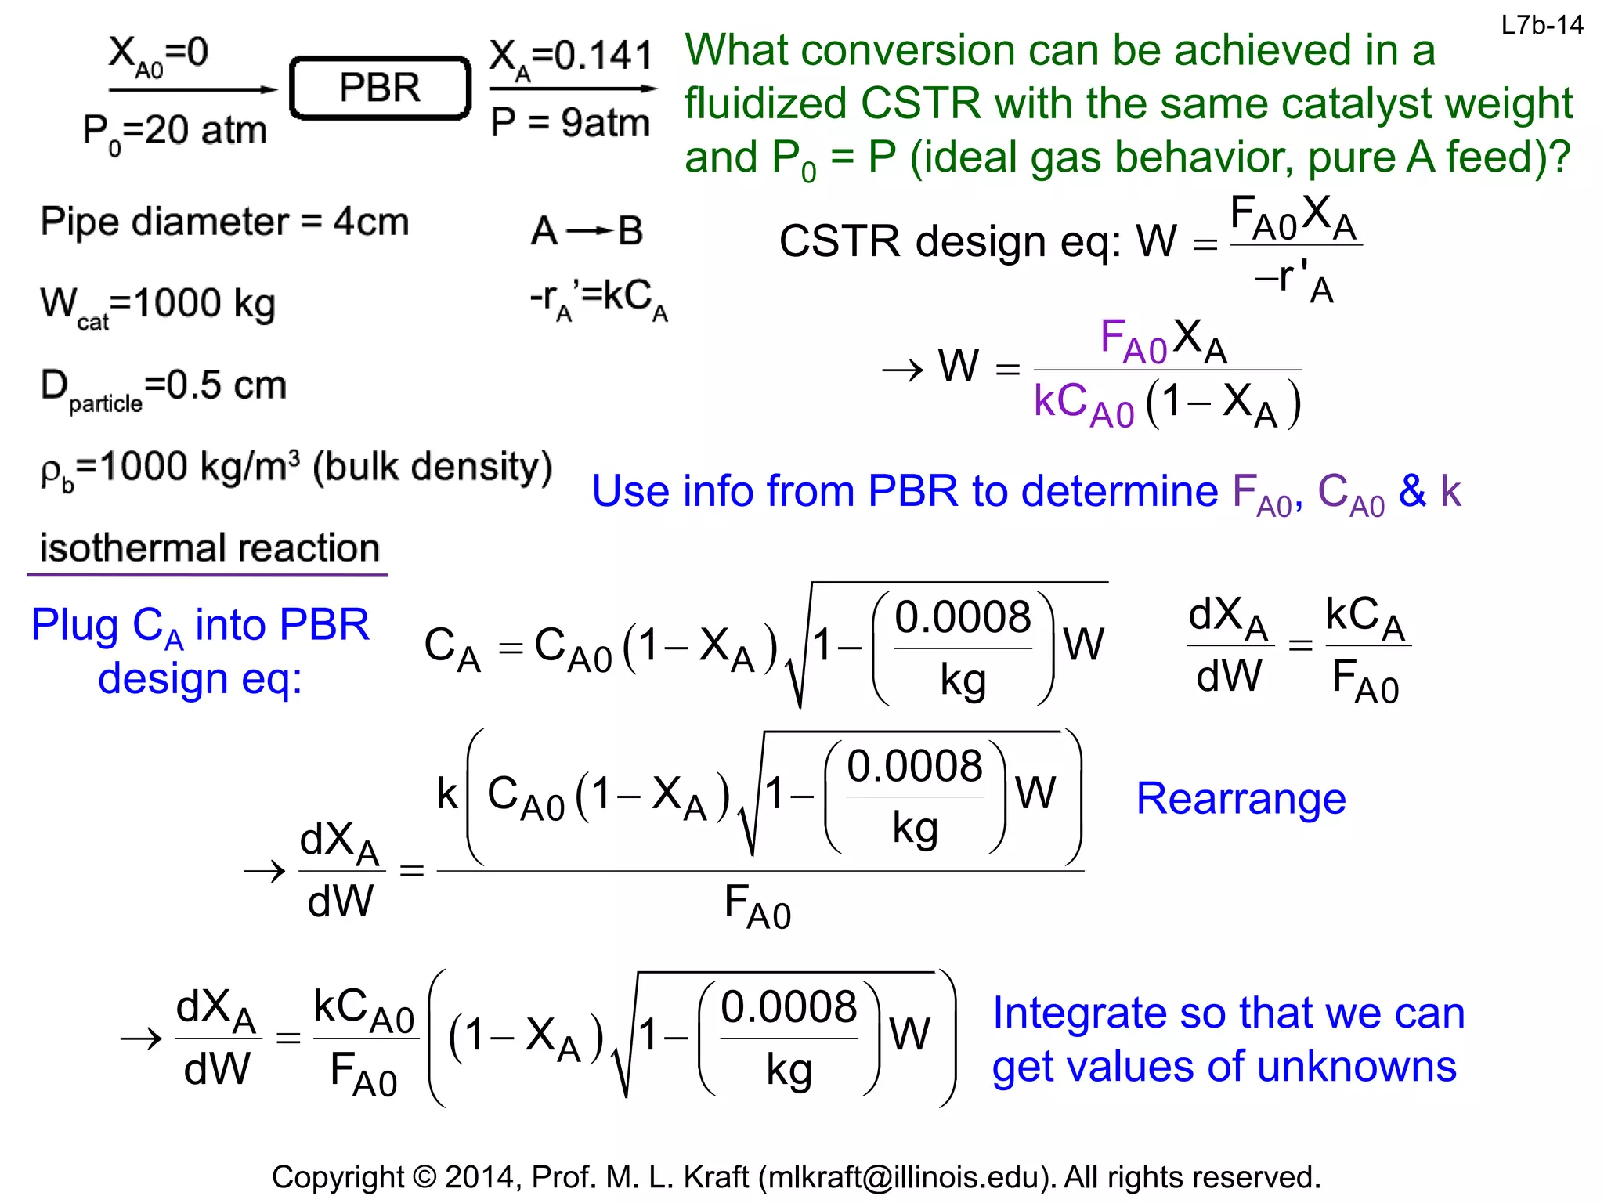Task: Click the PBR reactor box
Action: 380,88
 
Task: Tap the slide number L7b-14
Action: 1541,26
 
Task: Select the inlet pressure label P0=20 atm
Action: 175,132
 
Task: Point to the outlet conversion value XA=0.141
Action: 571,56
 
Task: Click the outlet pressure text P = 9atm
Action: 570,123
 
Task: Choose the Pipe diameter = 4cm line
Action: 225,222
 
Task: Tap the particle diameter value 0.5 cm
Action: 226,385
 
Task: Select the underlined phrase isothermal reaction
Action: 209,548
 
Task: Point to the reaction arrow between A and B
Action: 587,231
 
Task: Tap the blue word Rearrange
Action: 1241,799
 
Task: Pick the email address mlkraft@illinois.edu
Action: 907,1177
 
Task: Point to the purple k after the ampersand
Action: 1450,492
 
